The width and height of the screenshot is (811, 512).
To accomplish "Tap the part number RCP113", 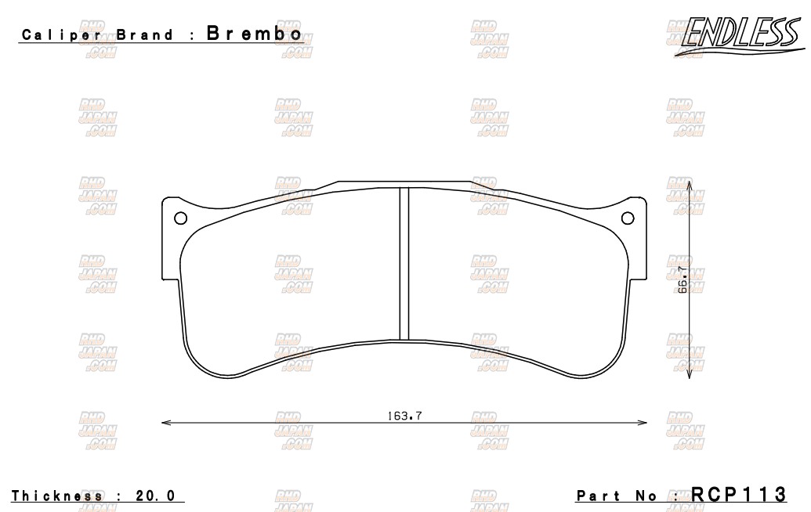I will (x=738, y=494).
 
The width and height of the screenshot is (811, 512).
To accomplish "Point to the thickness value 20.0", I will (x=156, y=495).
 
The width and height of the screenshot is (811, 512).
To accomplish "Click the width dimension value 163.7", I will (x=404, y=415).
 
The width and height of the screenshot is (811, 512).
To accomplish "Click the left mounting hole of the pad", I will (x=180, y=218).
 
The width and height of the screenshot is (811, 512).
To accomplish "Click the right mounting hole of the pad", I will (x=628, y=218).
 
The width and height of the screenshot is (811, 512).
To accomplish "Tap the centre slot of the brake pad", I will (x=404, y=264).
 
